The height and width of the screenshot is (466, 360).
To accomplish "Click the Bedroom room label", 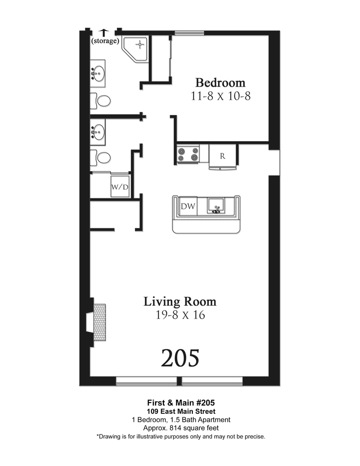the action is (220, 82).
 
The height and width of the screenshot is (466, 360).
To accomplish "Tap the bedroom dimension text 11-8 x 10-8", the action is (220, 96).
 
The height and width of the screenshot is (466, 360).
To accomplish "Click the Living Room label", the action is (180, 302).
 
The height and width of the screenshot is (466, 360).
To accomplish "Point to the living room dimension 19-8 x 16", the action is (180, 315).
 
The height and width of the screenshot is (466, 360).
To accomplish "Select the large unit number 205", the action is (180, 358).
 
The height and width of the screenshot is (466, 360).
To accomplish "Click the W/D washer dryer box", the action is (120, 186).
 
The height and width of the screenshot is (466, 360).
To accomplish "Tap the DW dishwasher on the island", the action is (188, 206).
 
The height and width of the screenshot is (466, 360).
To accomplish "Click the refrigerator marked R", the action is (223, 156).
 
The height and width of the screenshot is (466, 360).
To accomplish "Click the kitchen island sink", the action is (217, 206).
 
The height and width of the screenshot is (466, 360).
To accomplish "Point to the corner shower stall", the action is (135, 49).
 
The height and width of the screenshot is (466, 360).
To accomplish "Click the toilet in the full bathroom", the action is (101, 101).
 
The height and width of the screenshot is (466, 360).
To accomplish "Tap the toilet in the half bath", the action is (101, 158).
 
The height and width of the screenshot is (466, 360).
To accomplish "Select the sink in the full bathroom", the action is (98, 73).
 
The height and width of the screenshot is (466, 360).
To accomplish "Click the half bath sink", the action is (98, 132).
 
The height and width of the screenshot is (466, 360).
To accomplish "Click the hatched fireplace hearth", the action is (100, 322).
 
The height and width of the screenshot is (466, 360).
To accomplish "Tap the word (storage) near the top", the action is (105, 41).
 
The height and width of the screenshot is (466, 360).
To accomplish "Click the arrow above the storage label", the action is (104, 33).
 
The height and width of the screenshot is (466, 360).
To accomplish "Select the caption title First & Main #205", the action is (181, 403).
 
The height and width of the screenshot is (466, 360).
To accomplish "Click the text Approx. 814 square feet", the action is (181, 428).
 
